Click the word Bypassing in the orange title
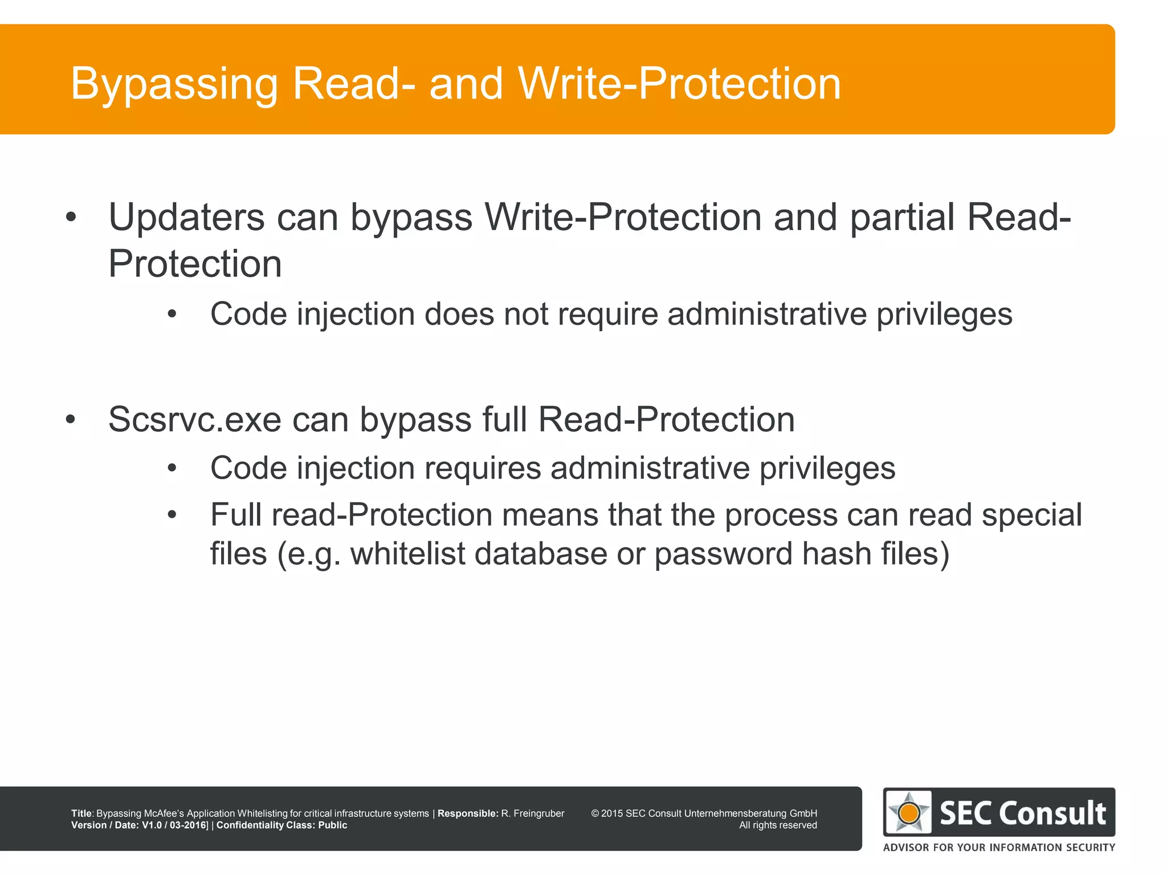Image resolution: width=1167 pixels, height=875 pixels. pos(174,84)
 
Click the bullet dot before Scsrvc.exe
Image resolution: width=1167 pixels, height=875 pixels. pos(71,420)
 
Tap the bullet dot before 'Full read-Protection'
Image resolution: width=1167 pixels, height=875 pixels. pos(172,515)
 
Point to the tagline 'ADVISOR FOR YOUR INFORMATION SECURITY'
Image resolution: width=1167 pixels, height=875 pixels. pos(999,848)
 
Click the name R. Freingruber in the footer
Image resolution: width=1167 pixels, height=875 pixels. pos(533,813)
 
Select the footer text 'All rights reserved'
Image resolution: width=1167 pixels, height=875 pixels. pos(778,825)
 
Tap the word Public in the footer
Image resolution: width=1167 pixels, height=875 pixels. pos(332,825)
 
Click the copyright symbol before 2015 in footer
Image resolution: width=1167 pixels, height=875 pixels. pos(595,813)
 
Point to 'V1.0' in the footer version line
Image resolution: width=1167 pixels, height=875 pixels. pos(152,825)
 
